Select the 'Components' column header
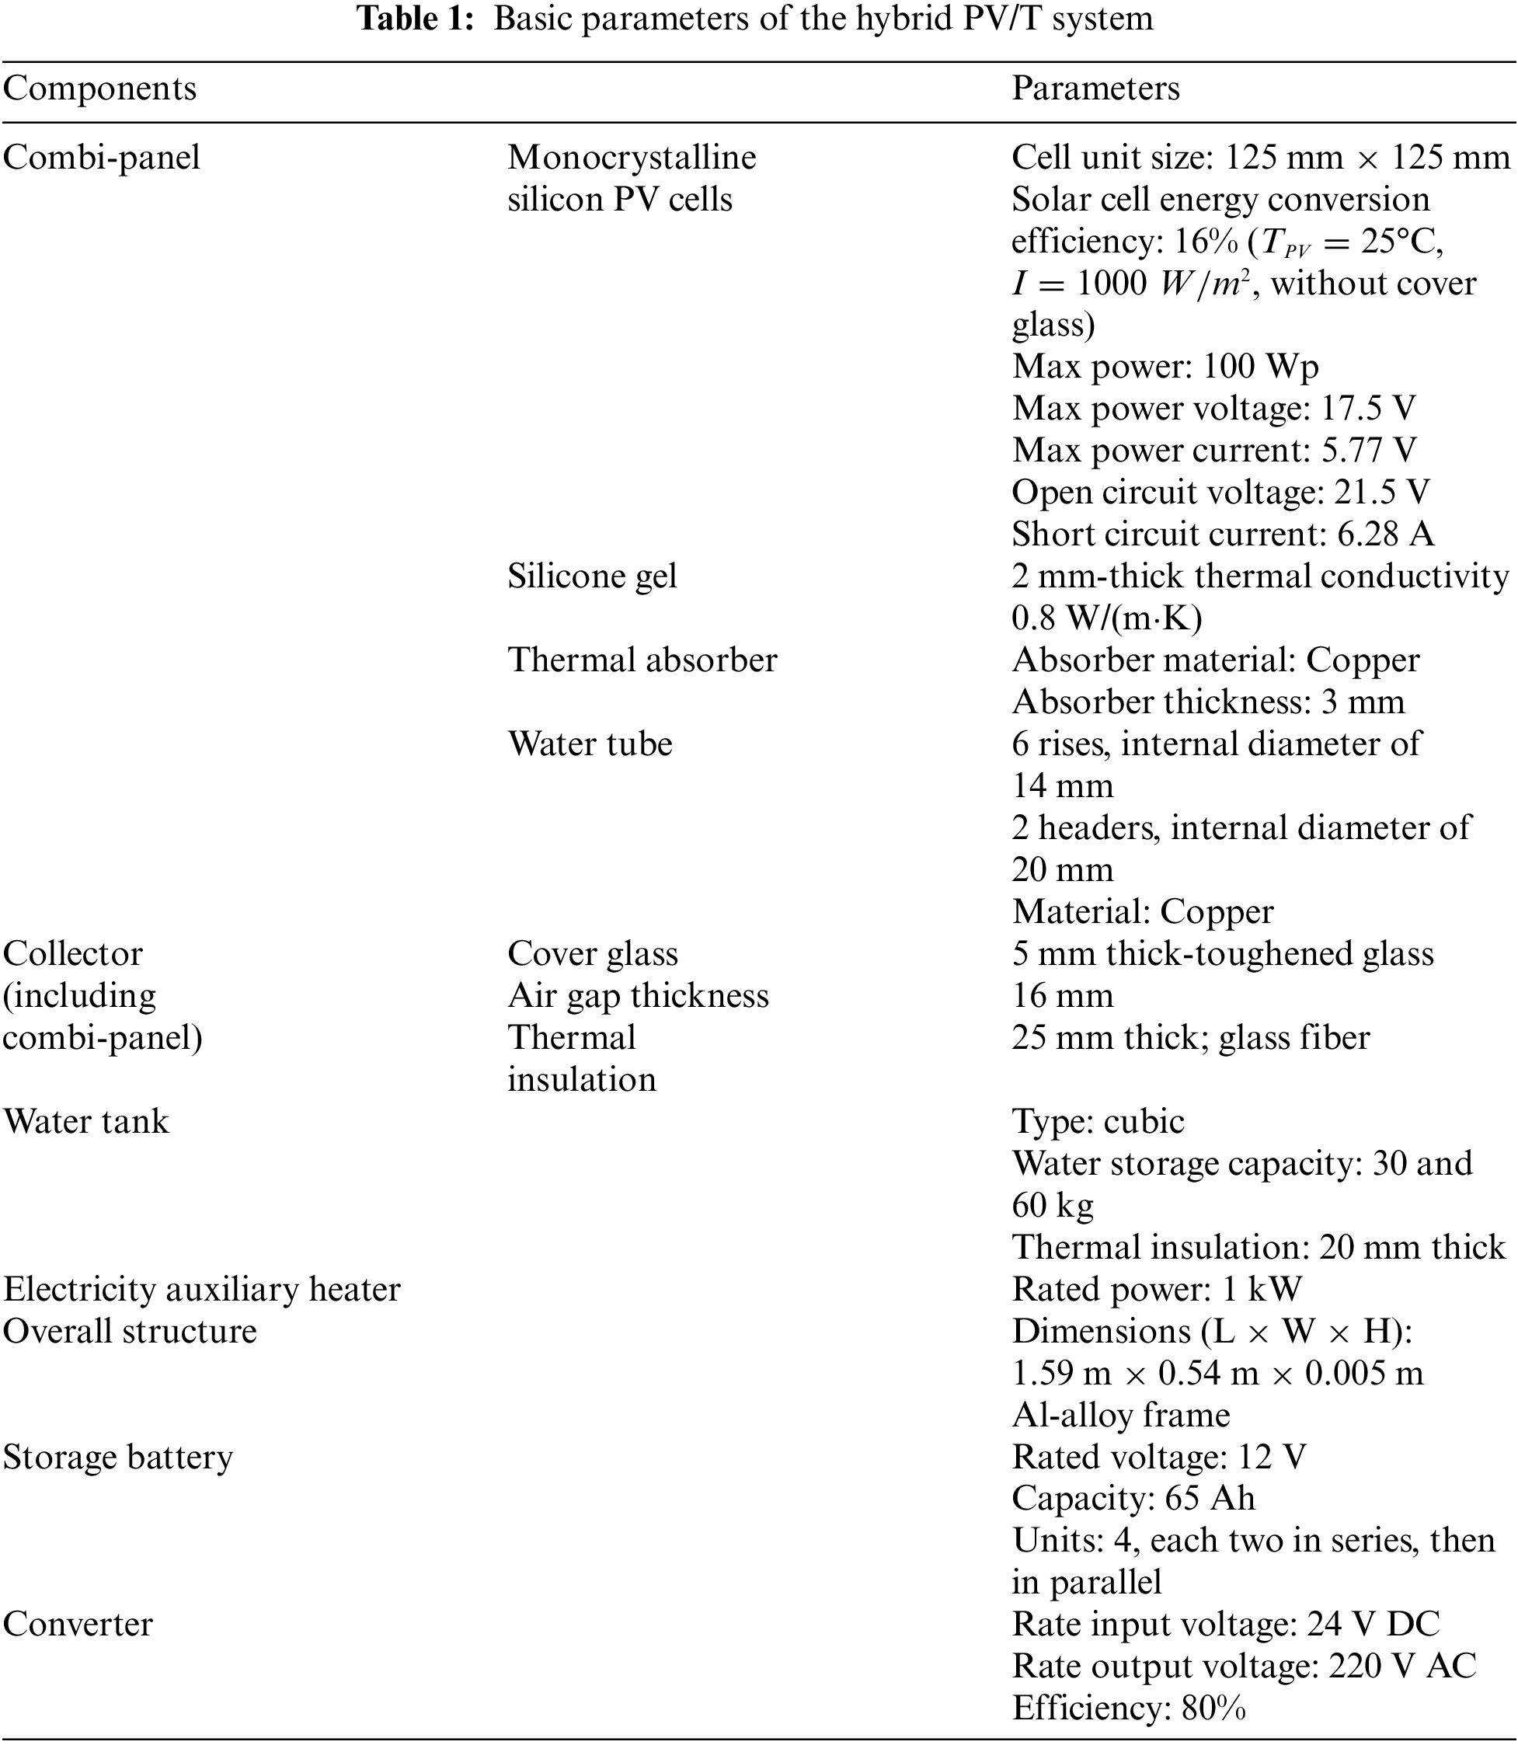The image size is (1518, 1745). [x=100, y=89]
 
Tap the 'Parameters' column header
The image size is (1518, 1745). [x=1095, y=89]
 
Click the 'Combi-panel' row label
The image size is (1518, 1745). [x=102, y=158]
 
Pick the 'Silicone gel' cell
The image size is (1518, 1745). [x=592, y=576]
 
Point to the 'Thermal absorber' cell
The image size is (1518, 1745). [x=642, y=660]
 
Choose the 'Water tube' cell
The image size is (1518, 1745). [x=590, y=744]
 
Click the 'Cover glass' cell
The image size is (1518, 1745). [x=593, y=955]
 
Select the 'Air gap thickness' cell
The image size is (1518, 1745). [x=638, y=996]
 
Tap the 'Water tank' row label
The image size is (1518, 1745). [x=86, y=1123]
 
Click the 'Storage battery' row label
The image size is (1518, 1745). [x=118, y=1458]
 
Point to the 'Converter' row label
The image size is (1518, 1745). [x=78, y=1625]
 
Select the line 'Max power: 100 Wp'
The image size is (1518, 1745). [x=1165, y=367]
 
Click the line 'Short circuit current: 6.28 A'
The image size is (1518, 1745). [x=1222, y=535]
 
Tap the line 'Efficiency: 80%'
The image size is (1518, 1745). [x=1128, y=1708]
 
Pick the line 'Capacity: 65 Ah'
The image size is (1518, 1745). [x=1133, y=1499]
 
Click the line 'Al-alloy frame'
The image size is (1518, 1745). [x=1121, y=1416]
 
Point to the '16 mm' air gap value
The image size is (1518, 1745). [x=1062, y=996]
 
